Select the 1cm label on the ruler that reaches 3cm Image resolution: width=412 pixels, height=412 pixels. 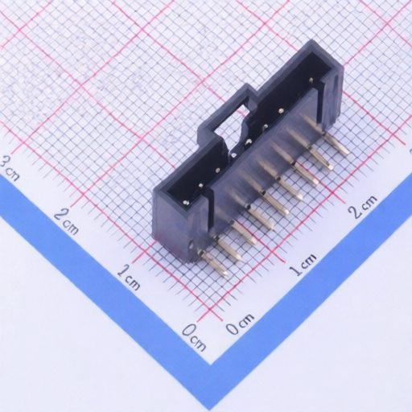tap(129, 278)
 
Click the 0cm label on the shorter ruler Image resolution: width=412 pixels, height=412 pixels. tap(240, 326)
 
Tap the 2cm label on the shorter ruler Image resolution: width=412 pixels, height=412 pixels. tap(363, 208)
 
